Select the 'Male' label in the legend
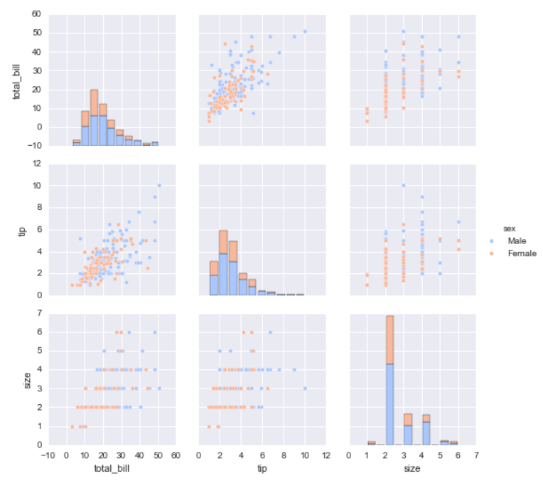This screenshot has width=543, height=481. pos(517,241)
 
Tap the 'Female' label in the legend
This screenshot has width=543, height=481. pos(522,253)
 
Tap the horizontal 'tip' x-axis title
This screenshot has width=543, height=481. pos(263,468)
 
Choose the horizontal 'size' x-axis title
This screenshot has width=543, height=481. pos(412,468)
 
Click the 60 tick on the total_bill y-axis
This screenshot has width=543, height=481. pos(35,14)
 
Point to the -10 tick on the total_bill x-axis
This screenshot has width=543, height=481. pos(48,455)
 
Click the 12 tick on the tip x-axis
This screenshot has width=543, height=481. pos(327,455)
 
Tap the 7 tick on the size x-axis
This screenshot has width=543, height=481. pos(475,455)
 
